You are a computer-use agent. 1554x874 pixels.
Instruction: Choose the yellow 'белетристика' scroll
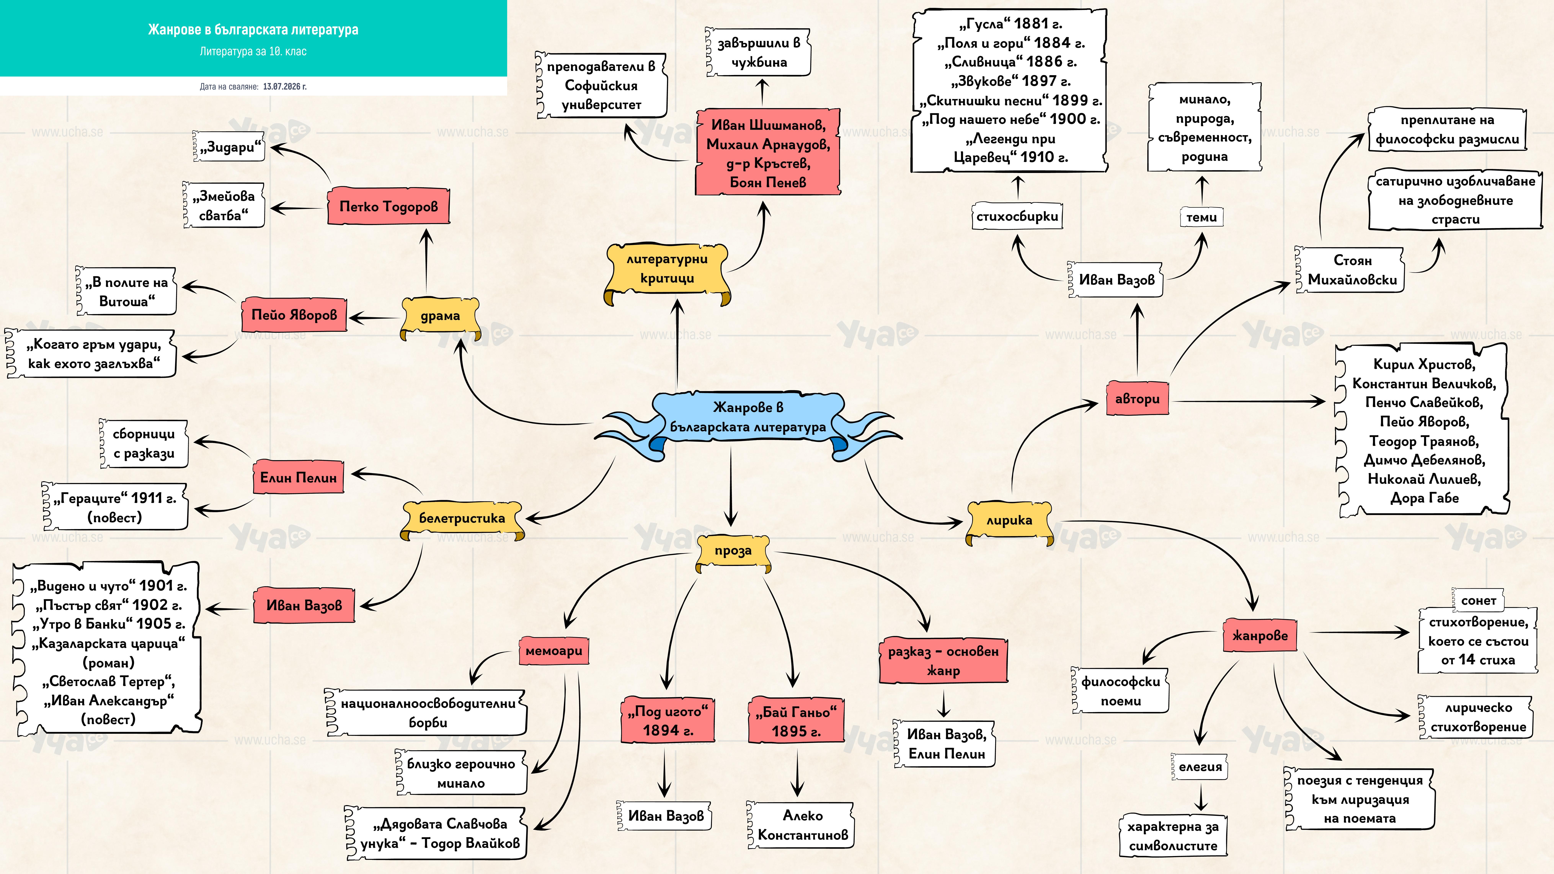pyautogui.click(x=462, y=519)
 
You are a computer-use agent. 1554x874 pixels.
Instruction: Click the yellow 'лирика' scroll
pyautogui.click(x=1009, y=521)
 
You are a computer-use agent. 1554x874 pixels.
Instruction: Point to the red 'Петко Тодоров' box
pyautogui.click(x=388, y=206)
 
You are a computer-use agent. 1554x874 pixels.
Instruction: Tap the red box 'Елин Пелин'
pyautogui.click(x=298, y=477)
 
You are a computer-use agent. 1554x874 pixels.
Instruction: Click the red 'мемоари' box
pyautogui.click(x=554, y=651)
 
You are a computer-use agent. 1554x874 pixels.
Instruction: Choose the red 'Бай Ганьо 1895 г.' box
pyautogui.click(x=796, y=721)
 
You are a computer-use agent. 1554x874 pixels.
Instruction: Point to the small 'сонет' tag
pyautogui.click(x=1479, y=600)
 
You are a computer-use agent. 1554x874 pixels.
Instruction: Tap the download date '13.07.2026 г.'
pyautogui.click(x=285, y=86)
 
